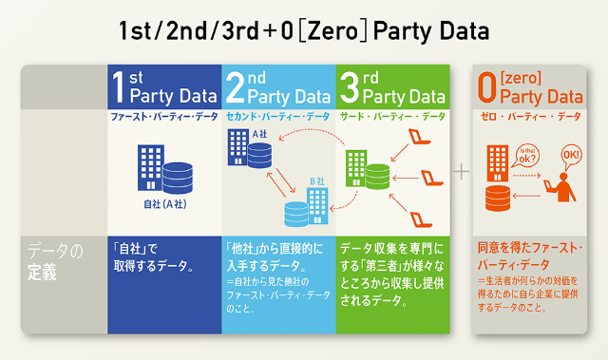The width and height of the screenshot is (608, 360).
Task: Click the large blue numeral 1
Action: [x=119, y=86]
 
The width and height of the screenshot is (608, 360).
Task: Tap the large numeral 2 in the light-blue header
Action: [x=235, y=86]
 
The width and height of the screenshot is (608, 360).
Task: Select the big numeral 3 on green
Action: [x=348, y=86]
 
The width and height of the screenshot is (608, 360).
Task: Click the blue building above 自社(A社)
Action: [x=151, y=167]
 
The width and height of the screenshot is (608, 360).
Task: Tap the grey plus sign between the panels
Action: [x=462, y=171]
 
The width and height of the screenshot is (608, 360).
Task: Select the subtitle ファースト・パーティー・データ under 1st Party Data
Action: [x=162, y=116]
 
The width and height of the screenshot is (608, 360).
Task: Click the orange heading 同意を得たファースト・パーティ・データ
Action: [x=529, y=256]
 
